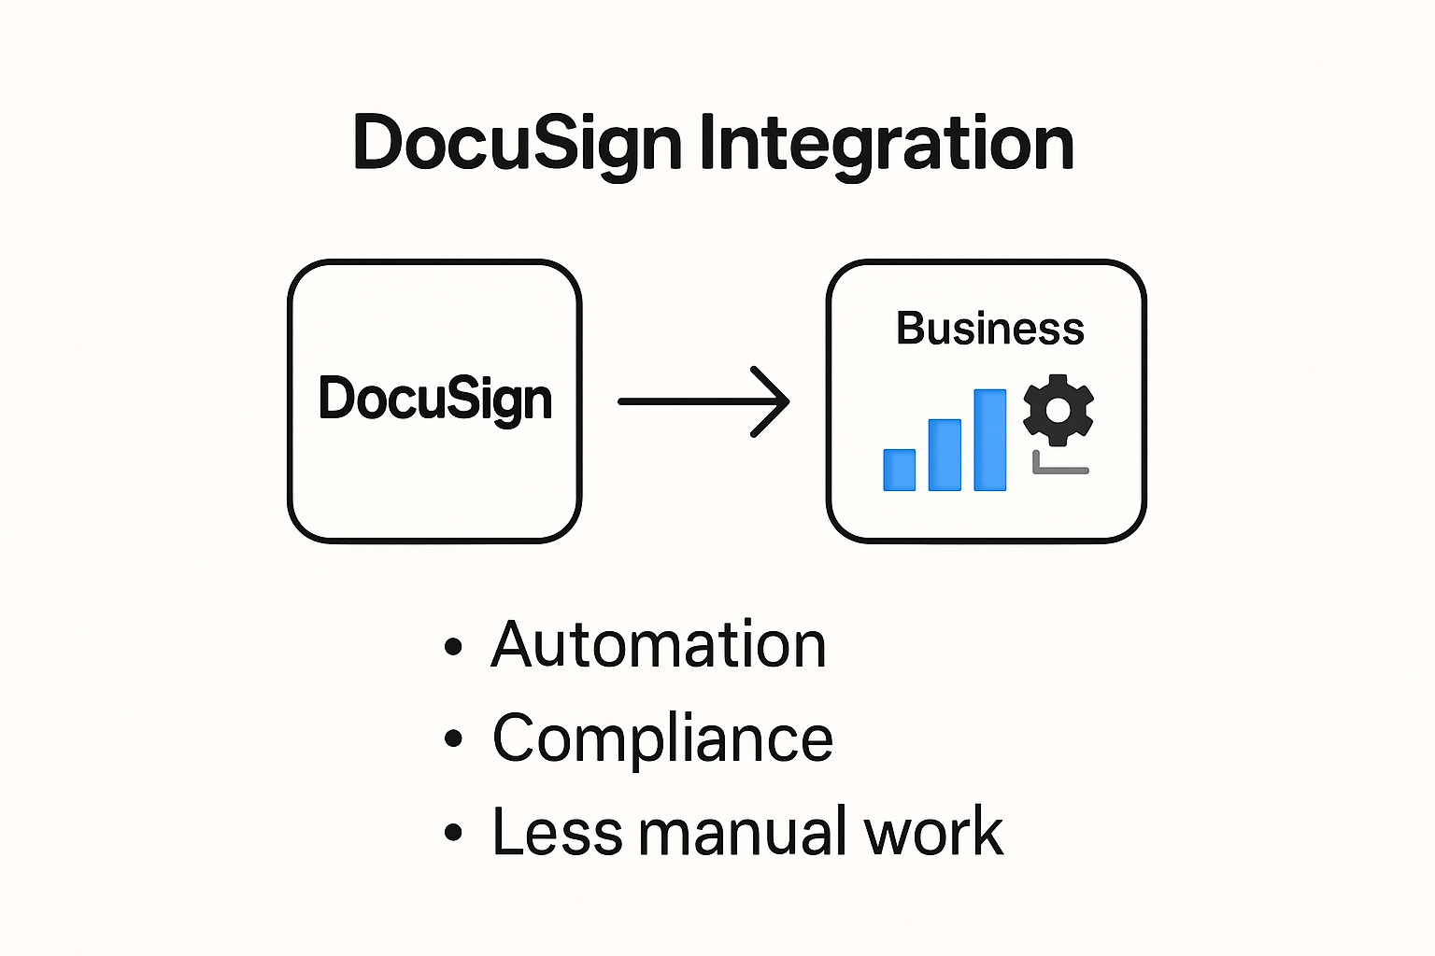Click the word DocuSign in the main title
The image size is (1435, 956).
point(517,145)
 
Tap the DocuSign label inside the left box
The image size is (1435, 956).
point(435,400)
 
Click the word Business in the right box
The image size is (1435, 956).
point(990,329)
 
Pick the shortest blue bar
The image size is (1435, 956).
point(900,470)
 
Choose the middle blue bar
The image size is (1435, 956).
point(945,455)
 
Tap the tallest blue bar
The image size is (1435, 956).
point(990,440)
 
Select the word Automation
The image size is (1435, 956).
point(659,645)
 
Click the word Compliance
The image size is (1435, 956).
point(662,738)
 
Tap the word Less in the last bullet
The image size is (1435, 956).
point(556,832)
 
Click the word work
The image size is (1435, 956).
point(933,832)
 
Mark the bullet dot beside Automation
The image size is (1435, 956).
point(454,646)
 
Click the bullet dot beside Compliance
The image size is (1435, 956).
point(454,739)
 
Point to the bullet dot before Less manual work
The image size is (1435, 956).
point(454,833)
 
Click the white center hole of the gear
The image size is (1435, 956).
point(1058,410)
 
